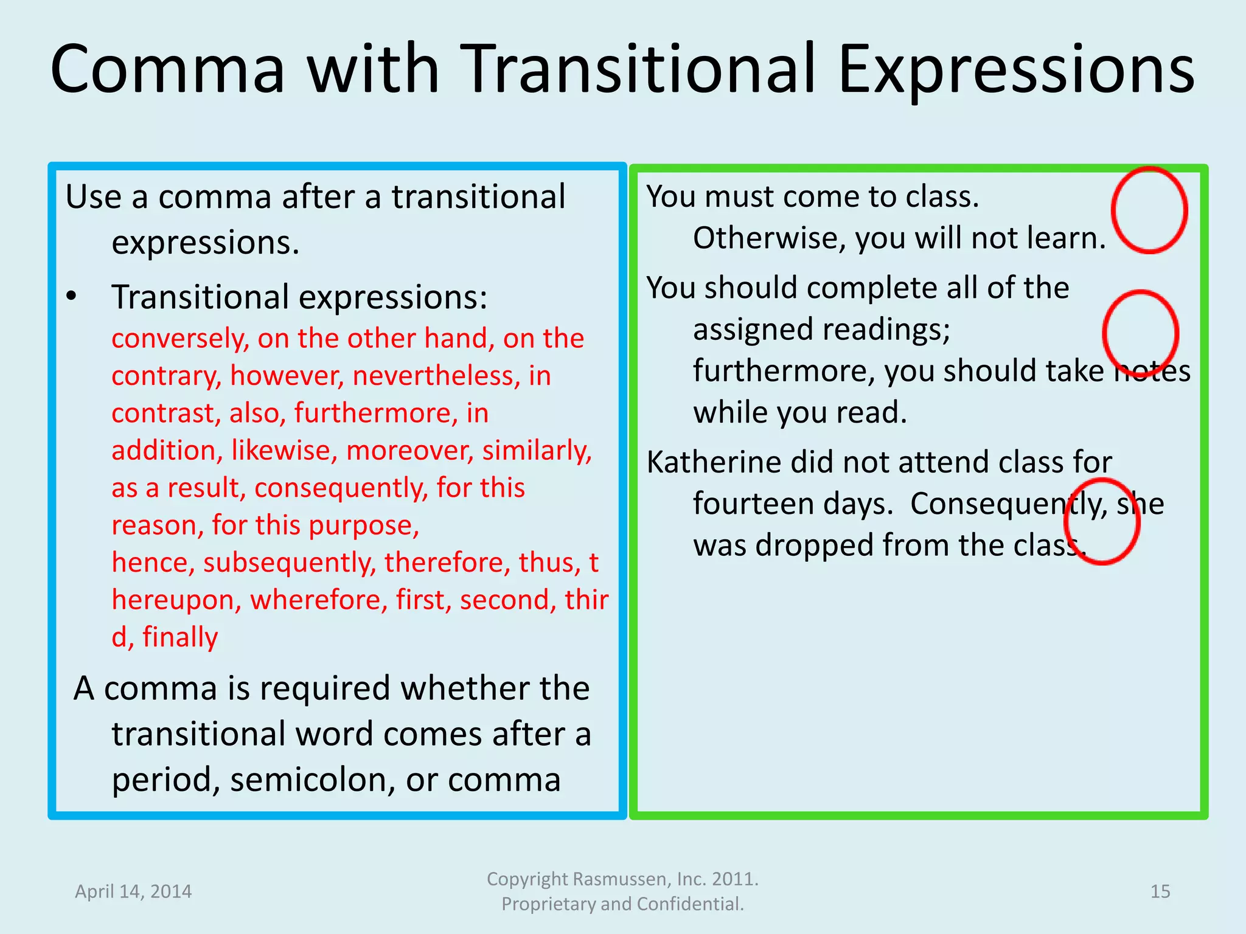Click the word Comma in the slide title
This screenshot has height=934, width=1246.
pyautogui.click(x=167, y=70)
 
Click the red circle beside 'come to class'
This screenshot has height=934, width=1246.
pyautogui.click(x=1149, y=210)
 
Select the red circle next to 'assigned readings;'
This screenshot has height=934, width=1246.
pyautogui.click(x=1140, y=334)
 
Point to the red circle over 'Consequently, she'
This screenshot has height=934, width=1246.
pyautogui.click(x=1102, y=521)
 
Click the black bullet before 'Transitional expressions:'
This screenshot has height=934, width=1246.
pyautogui.click(x=72, y=297)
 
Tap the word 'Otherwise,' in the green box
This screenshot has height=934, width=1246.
pyautogui.click(x=769, y=238)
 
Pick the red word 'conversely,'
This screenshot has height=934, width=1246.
pyautogui.click(x=180, y=339)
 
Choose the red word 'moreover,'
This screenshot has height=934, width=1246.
pyautogui.click(x=410, y=451)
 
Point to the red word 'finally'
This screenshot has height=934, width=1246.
pyautogui.click(x=180, y=637)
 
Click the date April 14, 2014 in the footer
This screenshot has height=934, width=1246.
pyautogui.click(x=133, y=891)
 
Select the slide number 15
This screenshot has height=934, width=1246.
pyautogui.click(x=1160, y=891)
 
